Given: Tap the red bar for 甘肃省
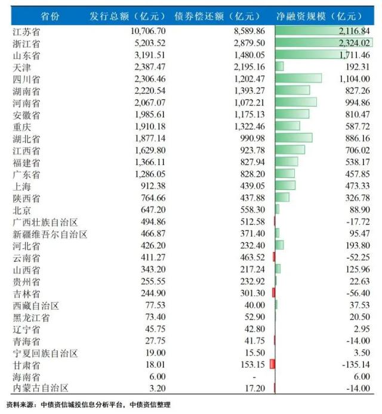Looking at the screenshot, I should [x=272, y=364].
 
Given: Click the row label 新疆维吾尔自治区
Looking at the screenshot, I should [x=50, y=233].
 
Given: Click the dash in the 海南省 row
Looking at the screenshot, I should [x=254, y=376].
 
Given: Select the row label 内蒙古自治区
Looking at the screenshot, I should [x=40, y=388].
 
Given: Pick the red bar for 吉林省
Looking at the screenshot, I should [x=273, y=292].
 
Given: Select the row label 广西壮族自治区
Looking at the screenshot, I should [x=45, y=221].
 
